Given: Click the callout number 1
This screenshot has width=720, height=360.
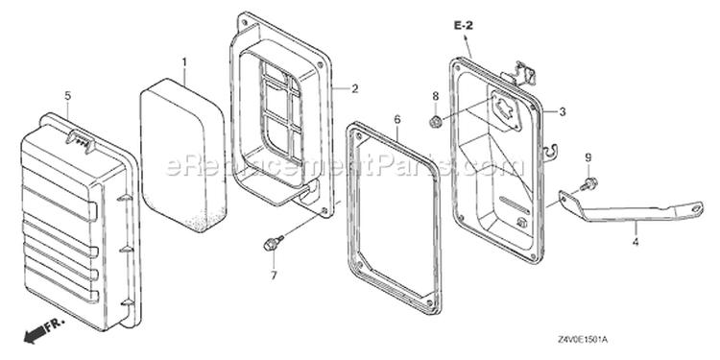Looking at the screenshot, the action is tap(184, 62).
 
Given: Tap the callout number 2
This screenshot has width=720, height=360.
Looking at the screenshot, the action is tap(355, 88).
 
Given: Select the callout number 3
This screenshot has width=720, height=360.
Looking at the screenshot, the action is tap(563, 111).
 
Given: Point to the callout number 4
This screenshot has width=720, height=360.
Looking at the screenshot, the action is tap(636, 241).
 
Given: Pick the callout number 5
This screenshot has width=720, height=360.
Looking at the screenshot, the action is tap(68, 96).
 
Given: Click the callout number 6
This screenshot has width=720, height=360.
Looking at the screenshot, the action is tap(397, 119).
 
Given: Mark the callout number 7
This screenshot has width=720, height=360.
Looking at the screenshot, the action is tap(274, 276).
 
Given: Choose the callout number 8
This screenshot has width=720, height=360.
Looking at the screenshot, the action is tap(435, 96).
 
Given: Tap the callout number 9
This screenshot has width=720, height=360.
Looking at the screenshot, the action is tap(588, 157).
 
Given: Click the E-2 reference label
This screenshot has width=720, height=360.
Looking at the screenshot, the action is tap(464, 26).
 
